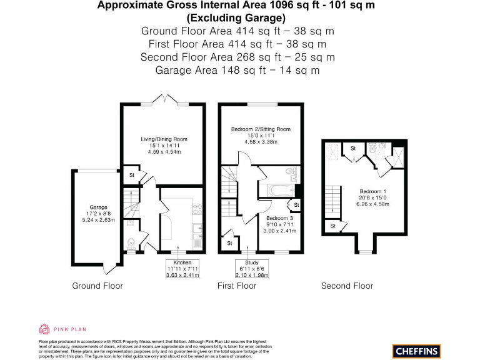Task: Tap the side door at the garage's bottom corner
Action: point(112,267)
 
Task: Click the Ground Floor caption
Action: point(97,286)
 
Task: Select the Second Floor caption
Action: point(347,286)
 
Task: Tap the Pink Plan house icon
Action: point(44,329)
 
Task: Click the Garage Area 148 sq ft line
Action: point(237,70)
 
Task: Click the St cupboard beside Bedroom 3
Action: point(296,205)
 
